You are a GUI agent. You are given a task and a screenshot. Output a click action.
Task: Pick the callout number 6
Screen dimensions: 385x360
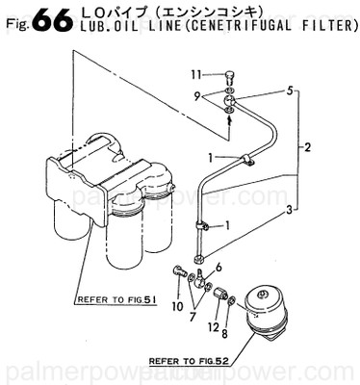coord(219,266)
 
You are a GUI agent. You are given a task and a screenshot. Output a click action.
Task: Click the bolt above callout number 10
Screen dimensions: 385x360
coord(178,273)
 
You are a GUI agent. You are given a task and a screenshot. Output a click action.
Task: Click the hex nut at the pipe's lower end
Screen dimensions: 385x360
coord(196,258)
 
